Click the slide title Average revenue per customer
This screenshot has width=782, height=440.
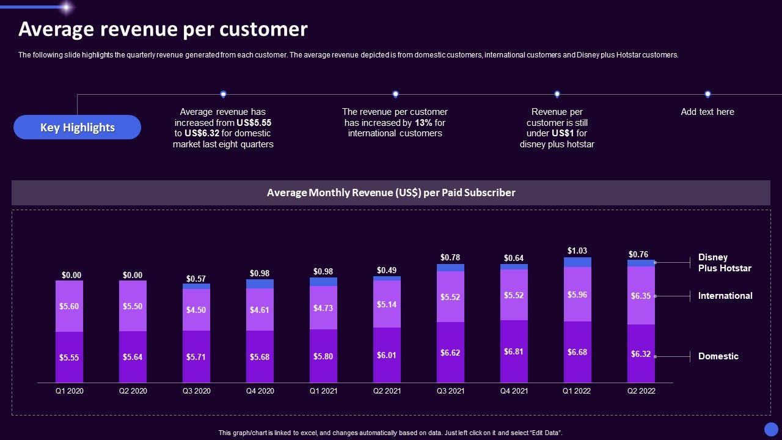[x=163, y=29]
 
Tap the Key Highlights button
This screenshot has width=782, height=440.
[x=78, y=127]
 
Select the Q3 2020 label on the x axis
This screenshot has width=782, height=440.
[x=196, y=391]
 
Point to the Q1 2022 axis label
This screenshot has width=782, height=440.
[x=577, y=391]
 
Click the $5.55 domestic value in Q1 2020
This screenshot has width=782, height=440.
[x=69, y=358]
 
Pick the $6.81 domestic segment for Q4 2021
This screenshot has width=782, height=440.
[x=514, y=352]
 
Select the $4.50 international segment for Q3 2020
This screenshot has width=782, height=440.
[x=196, y=310]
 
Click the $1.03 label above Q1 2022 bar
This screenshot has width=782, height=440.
[x=577, y=251]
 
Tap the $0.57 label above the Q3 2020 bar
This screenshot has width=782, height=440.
[x=196, y=279]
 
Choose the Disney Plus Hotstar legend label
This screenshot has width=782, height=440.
[x=725, y=263]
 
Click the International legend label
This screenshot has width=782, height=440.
[x=725, y=296]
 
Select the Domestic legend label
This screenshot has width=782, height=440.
[x=718, y=356]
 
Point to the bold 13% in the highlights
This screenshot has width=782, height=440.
[x=424, y=123]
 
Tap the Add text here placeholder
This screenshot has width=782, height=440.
[x=707, y=112]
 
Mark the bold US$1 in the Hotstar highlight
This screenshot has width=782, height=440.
[x=562, y=133]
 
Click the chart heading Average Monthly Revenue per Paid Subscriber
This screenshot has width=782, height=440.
[x=391, y=193]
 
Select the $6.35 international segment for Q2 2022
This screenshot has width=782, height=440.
[x=641, y=296]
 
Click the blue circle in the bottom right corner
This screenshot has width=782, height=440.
[x=771, y=429]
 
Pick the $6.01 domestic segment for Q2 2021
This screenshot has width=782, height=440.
[x=387, y=355]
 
